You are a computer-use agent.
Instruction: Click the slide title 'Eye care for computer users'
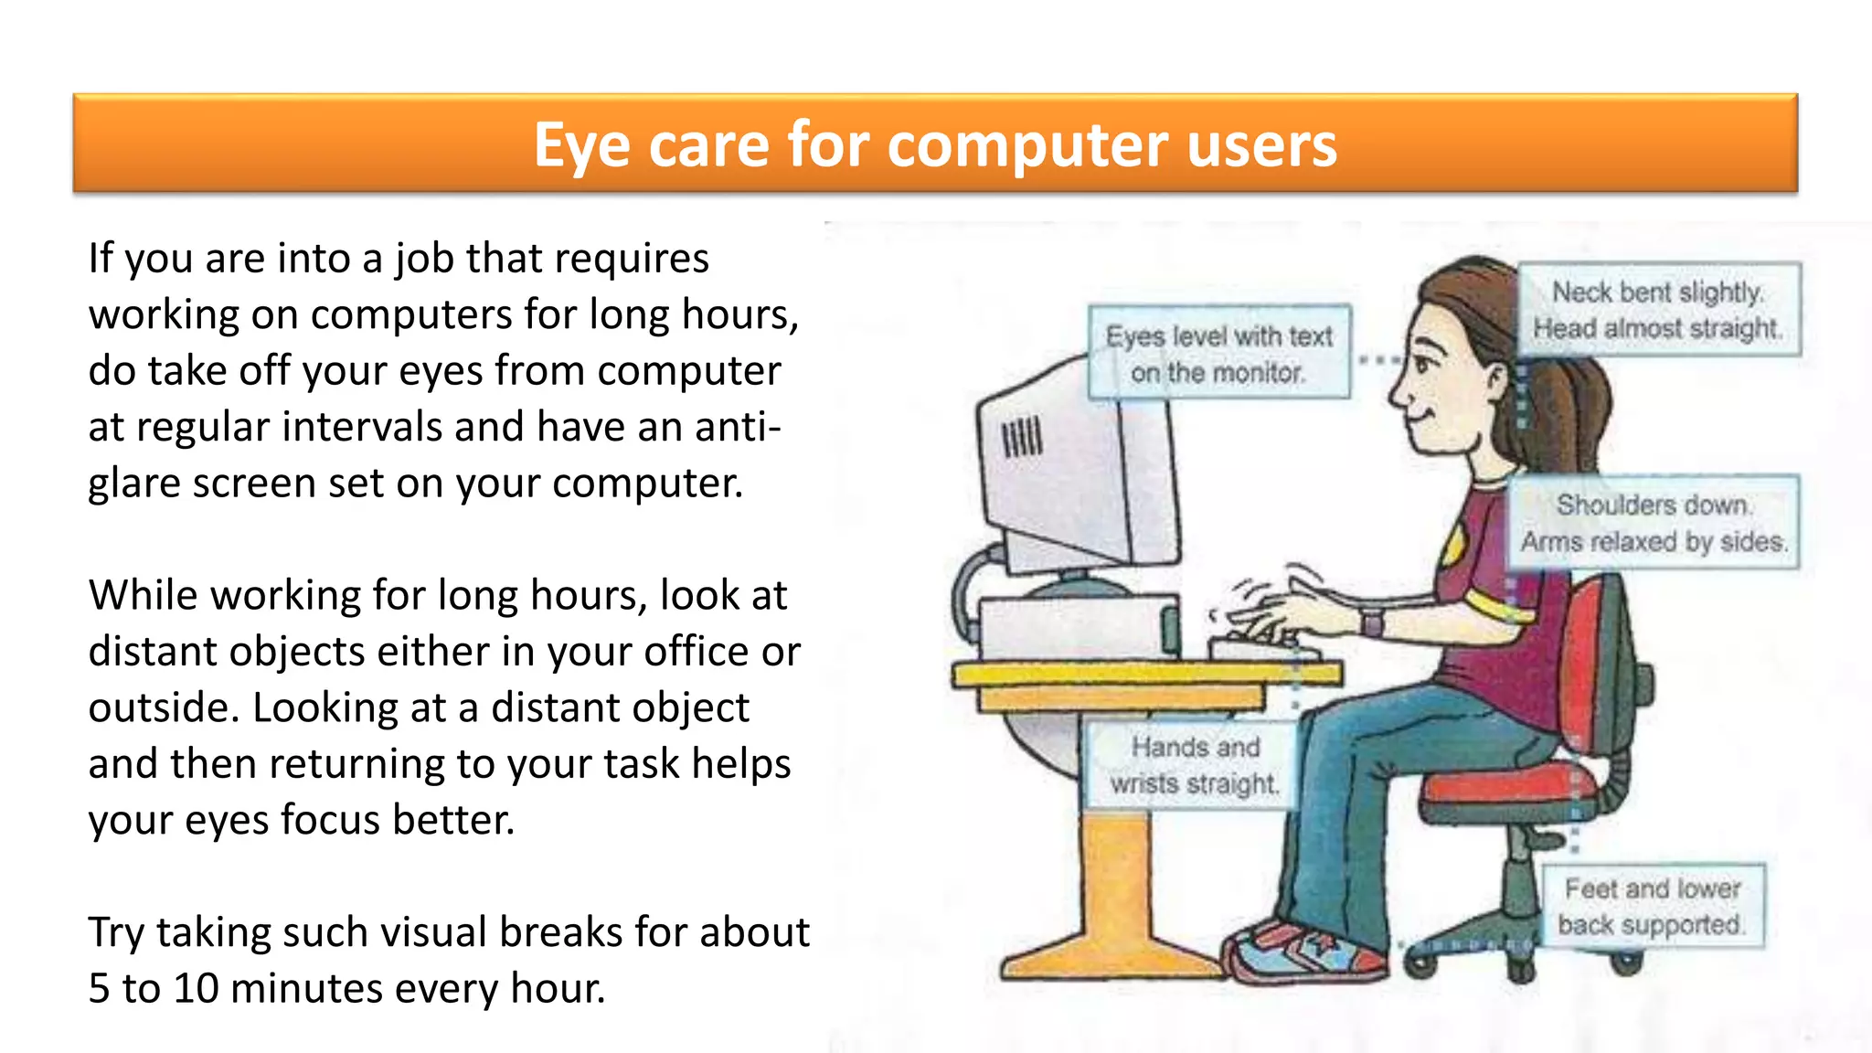(x=934, y=144)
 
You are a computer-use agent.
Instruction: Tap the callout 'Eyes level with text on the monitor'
(x=1218, y=354)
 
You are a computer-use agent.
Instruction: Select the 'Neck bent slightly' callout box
(x=1658, y=310)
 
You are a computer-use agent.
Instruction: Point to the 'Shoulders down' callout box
(x=1653, y=523)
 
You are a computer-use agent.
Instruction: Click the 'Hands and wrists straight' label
(x=1194, y=765)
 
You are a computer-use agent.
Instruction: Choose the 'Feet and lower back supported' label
(x=1652, y=907)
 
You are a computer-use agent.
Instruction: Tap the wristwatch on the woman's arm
(x=1371, y=623)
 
